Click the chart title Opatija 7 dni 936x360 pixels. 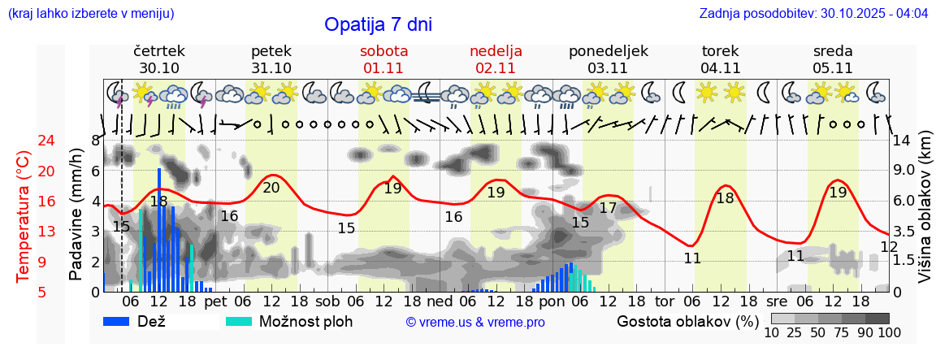coord(378,24)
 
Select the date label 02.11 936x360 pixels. coord(496,68)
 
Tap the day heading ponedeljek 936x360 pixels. coord(608,51)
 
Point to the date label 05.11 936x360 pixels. coord(832,68)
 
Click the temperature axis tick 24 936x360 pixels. coord(24,141)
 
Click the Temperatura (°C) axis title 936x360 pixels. coord(24,216)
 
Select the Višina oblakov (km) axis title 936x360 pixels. coord(925,216)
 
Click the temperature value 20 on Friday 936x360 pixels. coord(271,188)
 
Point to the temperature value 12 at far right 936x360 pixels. coord(889,247)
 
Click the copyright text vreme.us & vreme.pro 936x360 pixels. coord(475,323)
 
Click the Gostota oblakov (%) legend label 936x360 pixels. coord(687,321)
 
